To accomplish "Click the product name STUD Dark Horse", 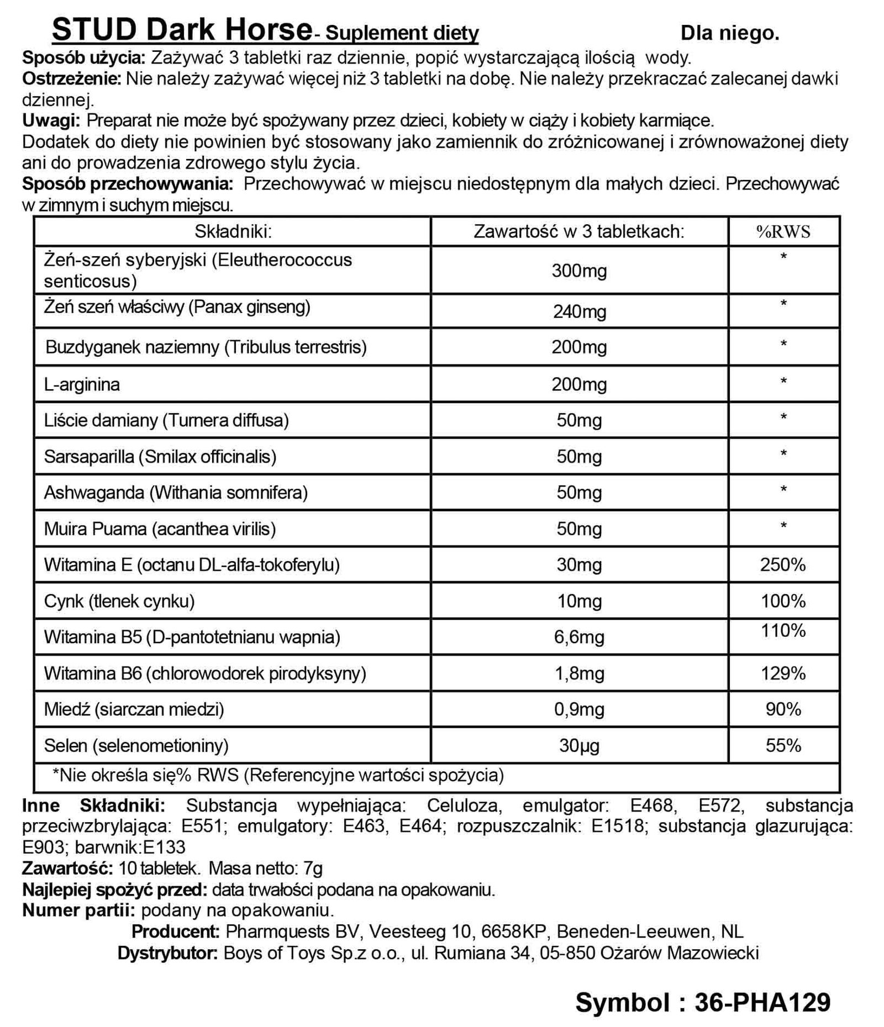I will pyautogui.click(x=182, y=30).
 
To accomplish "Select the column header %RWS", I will pyautogui.click(x=783, y=232).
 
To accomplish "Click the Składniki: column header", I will pyautogui.click(x=233, y=231).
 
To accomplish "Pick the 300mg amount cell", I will pyautogui.click(x=579, y=271).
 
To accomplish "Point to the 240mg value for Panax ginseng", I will pyautogui.click(x=579, y=312).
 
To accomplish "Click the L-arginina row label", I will pyautogui.click(x=82, y=384).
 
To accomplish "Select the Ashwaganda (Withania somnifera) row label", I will pyautogui.click(x=176, y=493).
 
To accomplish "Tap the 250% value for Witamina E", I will pyautogui.click(x=783, y=565).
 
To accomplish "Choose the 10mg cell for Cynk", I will pyautogui.click(x=579, y=601).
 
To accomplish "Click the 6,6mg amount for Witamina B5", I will pyautogui.click(x=579, y=637).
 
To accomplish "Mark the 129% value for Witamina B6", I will pyautogui.click(x=783, y=673).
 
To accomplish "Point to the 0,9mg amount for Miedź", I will pyautogui.click(x=579, y=710).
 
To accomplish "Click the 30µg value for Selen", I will pyautogui.click(x=579, y=746).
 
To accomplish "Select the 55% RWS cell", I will pyautogui.click(x=783, y=746).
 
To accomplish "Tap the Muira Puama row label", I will pyautogui.click(x=160, y=529).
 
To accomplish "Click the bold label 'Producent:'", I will pyautogui.click(x=176, y=931).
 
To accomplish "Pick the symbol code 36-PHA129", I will pyautogui.click(x=762, y=1002).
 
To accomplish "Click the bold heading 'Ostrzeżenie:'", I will pyautogui.click(x=71, y=79).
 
